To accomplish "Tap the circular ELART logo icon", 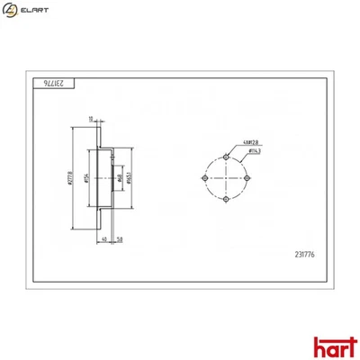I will click(x=11, y=10).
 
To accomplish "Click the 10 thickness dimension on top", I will click(x=91, y=118).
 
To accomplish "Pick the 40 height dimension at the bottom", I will click(x=105, y=238).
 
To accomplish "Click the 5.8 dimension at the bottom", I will click(x=120, y=238).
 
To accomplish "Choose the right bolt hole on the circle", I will click(x=245, y=178).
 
